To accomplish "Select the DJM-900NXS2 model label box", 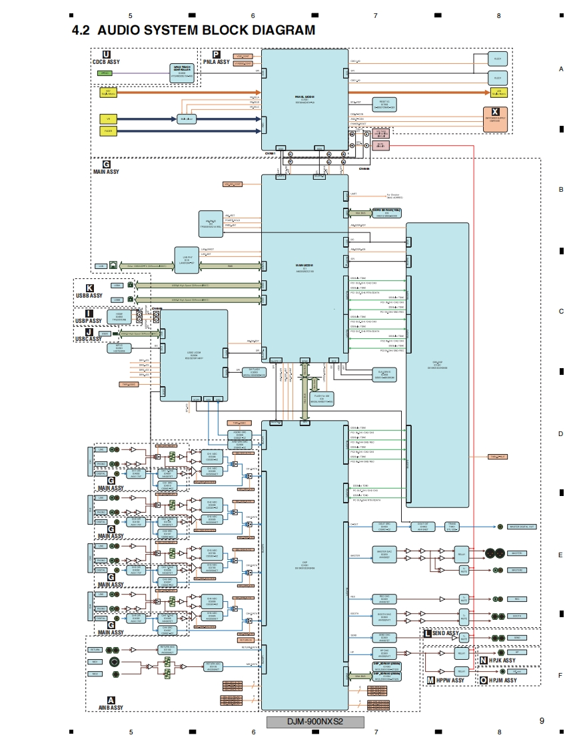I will (x=315, y=722).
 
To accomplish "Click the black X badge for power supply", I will (x=495, y=113).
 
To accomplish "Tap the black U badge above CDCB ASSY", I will (x=107, y=54).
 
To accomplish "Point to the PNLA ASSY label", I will (x=216, y=62).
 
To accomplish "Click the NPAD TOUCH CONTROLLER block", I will (x=182, y=73).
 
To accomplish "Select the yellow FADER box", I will (x=108, y=131).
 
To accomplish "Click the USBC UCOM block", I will (x=194, y=355).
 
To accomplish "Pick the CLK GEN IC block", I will (x=384, y=375).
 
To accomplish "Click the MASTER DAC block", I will (x=384, y=555).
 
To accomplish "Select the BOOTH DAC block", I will (x=384, y=617).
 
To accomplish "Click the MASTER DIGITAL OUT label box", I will (x=522, y=527).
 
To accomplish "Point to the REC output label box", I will (x=516, y=599).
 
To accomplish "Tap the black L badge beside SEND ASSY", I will (x=427, y=633).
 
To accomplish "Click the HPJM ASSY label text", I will (x=502, y=680).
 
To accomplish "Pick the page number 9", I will (x=542, y=720).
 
